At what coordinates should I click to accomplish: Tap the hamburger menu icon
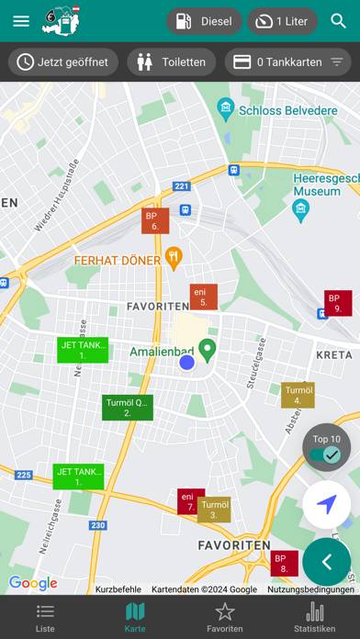click(x=21, y=21)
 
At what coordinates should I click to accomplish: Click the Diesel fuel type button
click(x=204, y=21)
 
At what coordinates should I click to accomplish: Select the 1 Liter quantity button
click(x=282, y=21)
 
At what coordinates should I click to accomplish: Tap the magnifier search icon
click(x=339, y=21)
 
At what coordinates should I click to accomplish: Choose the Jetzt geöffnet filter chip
click(x=62, y=62)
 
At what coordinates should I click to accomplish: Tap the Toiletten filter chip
click(x=171, y=62)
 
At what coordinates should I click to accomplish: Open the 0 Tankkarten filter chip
click(x=287, y=62)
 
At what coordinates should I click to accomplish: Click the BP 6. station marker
click(x=155, y=220)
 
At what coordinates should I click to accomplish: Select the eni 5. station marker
click(x=203, y=297)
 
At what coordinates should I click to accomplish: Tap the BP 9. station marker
click(x=337, y=303)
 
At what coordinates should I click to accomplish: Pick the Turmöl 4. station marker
click(x=298, y=395)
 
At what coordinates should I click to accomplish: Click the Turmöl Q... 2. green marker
click(x=128, y=408)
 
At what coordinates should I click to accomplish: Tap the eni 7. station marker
click(x=190, y=501)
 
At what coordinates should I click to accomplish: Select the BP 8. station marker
click(x=284, y=563)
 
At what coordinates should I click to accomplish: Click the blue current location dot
click(x=187, y=363)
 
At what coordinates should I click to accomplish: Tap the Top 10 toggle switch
click(x=326, y=454)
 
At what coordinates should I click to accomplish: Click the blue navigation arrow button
click(x=326, y=504)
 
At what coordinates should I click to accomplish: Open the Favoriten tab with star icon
click(x=225, y=617)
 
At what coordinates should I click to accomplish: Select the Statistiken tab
click(x=314, y=617)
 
